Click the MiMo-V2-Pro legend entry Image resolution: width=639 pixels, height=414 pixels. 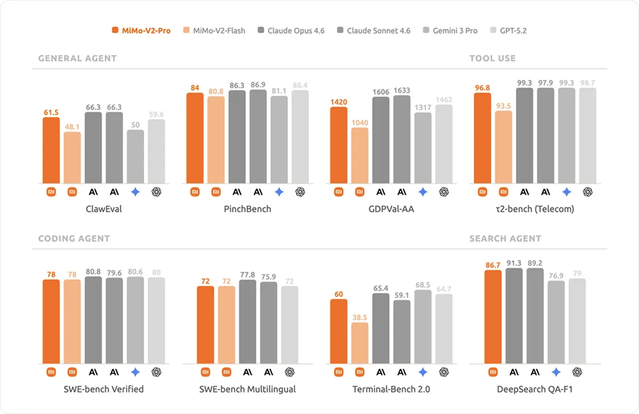tap(141, 31)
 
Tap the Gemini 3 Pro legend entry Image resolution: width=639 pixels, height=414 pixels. tap(450, 31)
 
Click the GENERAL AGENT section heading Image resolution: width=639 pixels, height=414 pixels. tap(78, 58)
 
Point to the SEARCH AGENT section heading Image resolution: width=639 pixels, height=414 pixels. tap(505, 239)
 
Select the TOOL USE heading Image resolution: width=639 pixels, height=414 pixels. tap(492, 58)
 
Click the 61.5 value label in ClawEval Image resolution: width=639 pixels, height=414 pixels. tap(51, 112)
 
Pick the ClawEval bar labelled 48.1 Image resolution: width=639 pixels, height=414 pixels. tap(72, 158)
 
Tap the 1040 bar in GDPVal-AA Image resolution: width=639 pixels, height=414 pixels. tap(360, 155)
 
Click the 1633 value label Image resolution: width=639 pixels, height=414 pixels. tap(402, 90)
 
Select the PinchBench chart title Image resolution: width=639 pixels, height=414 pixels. tap(247, 209)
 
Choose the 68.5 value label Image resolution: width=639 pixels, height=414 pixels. tap(422, 285)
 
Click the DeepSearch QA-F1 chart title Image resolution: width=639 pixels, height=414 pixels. tap(535, 389)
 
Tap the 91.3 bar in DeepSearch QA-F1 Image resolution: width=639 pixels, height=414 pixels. tap(514, 315)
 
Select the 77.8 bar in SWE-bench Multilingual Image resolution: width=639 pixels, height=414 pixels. tap(247, 321)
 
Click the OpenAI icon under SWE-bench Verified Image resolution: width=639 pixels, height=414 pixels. tap(156, 372)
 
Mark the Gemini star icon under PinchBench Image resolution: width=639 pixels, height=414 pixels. tap(279, 191)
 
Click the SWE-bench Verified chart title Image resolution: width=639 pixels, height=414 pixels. tap(104, 389)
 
